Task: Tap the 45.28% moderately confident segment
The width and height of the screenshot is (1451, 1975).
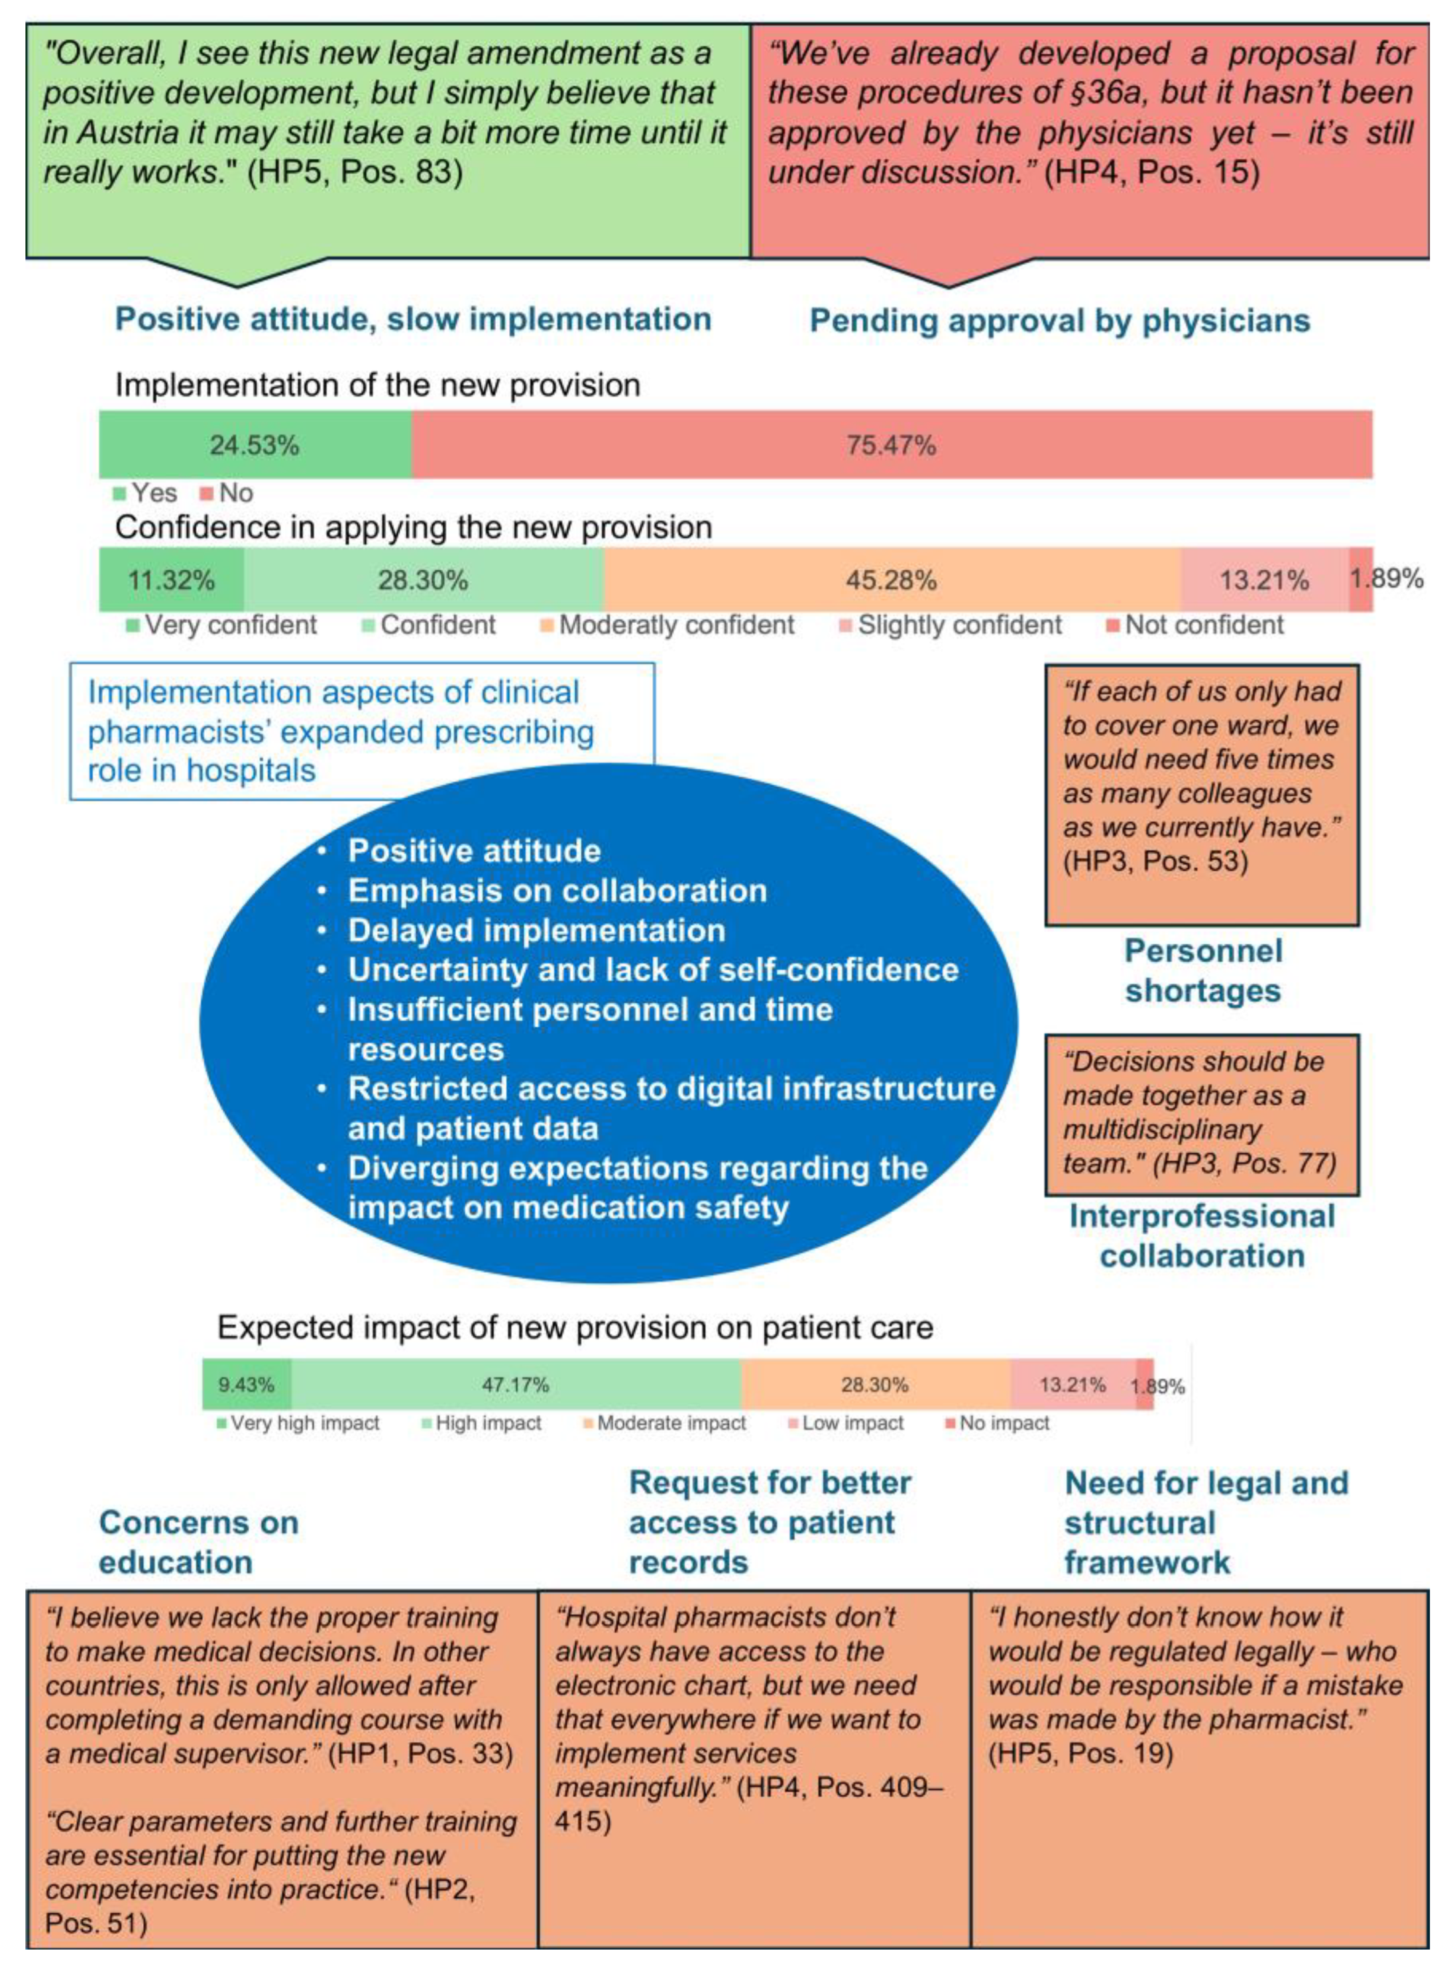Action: coord(891,580)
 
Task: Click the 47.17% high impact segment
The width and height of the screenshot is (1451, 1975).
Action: coord(516,1385)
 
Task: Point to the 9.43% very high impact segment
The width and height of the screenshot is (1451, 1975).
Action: coord(246,1385)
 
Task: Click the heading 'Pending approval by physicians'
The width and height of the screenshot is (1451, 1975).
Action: coord(1059,321)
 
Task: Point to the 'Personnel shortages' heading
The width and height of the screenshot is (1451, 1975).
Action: coord(1202,971)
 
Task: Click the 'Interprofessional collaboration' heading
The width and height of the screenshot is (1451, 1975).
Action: coord(1202,1236)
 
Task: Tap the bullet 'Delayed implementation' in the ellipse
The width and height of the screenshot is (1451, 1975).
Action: coord(537,930)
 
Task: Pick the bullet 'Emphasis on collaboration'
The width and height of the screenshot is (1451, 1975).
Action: coord(557,891)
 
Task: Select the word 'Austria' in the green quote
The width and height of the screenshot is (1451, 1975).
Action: coord(129,133)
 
